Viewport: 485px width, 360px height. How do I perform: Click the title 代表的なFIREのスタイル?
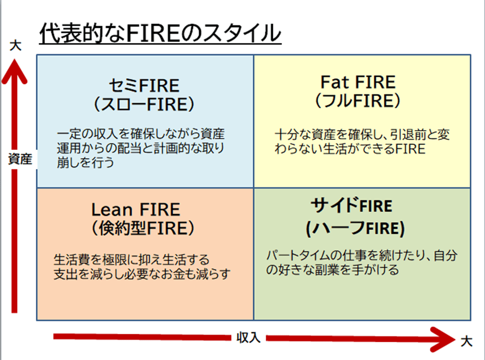click(160, 34)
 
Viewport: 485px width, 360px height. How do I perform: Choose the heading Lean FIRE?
click(135, 209)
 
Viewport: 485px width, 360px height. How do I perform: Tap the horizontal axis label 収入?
click(249, 338)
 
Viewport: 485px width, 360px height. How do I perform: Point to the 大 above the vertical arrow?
click(16, 45)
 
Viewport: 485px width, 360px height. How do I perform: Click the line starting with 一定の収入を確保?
click(141, 135)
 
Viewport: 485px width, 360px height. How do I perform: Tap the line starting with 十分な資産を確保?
click(362, 136)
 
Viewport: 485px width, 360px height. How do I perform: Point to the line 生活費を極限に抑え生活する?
click(131, 261)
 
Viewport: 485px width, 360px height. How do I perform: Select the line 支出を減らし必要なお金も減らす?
click(142, 275)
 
